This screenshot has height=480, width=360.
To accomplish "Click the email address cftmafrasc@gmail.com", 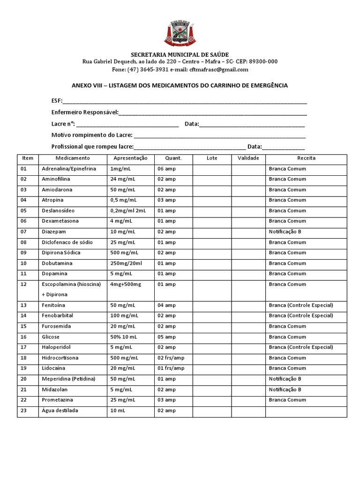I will pyautogui.click(x=218, y=69).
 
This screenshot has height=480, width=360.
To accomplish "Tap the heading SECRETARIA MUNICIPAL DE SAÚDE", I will pyautogui.click(x=180, y=54).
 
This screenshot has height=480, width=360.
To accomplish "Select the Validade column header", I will pyautogui.click(x=248, y=158).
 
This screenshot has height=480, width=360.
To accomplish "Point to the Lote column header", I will pyautogui.click(x=212, y=158).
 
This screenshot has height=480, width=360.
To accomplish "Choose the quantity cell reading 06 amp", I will pyautogui.click(x=166, y=169).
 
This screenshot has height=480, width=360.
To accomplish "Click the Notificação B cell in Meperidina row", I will pyautogui.click(x=285, y=379).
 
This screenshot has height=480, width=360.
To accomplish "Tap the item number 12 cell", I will pyautogui.click(x=24, y=284).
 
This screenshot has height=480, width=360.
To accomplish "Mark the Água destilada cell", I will pyautogui.click(x=60, y=411).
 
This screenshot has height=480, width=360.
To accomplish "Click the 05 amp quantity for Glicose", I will pyautogui.click(x=166, y=337).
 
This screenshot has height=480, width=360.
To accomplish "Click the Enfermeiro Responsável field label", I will pyautogui.click(x=85, y=112).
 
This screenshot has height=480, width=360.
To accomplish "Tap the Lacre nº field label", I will pyautogui.click(x=63, y=124).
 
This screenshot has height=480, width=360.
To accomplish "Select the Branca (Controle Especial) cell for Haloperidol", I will pyautogui.click(x=301, y=347).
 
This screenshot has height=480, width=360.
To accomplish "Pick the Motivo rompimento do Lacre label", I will pyautogui.click(x=92, y=135).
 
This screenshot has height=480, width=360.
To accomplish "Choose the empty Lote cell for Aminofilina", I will pyautogui.click(x=212, y=179).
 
